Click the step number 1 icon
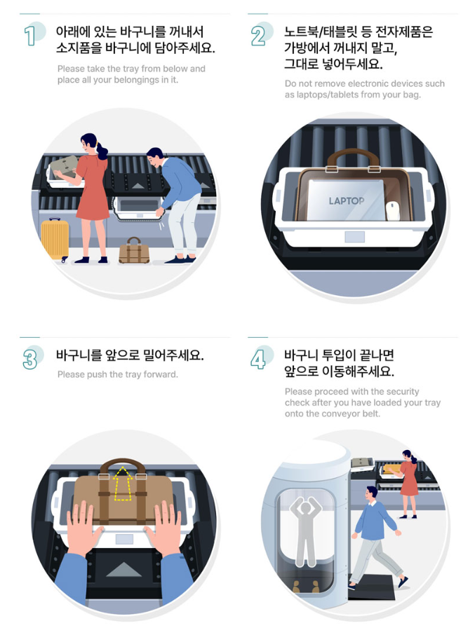pyautogui.click(x=30, y=35)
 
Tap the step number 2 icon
pyautogui.click(x=259, y=35)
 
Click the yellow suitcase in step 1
pyautogui.click(x=55, y=239)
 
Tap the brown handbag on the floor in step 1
pyautogui.click(x=133, y=251)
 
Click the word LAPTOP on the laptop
pyautogui.click(x=347, y=201)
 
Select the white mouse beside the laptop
pyautogui.click(x=393, y=210)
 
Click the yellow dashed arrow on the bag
pyautogui.click(x=123, y=483)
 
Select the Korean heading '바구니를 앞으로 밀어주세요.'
pyautogui.click(x=130, y=355)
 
